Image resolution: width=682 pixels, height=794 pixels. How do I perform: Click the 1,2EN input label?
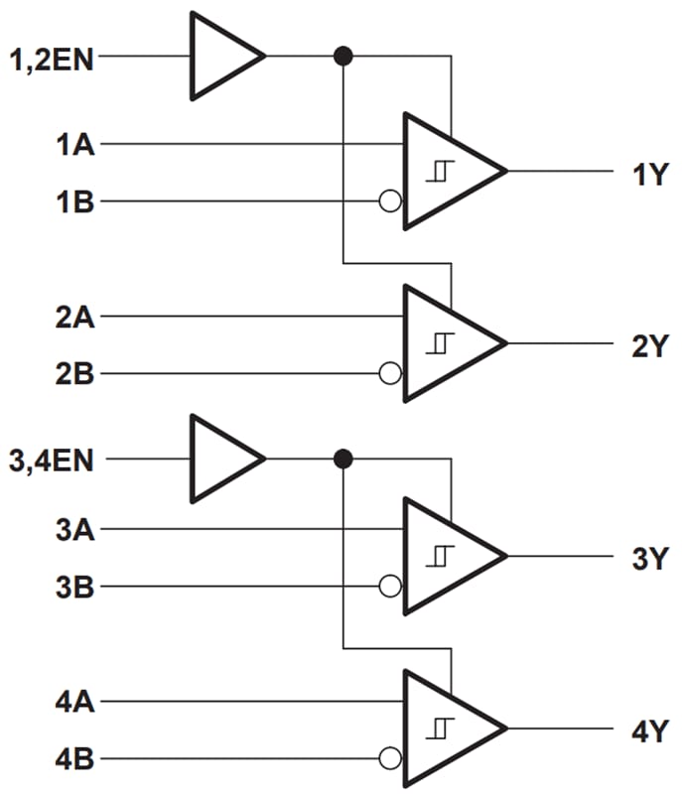pos(51,60)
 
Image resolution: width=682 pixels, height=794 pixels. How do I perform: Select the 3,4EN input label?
pos(51,462)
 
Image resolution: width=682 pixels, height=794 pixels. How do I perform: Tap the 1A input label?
pos(75,146)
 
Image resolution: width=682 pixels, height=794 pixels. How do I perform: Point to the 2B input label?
pos(75,375)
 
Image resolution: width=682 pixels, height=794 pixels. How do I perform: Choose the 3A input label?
pos(75,529)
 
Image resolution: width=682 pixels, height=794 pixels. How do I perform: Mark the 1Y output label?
pos(651,176)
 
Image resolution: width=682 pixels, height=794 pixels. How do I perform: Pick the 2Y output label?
pos(651,346)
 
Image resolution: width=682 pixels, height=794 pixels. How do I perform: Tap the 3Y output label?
pos(651,560)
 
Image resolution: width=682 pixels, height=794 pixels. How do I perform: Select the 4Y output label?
pos(651,733)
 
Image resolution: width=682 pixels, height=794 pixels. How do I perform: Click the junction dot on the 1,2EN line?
pos(343,56)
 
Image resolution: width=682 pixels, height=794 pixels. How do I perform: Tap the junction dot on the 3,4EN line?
pos(343,459)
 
